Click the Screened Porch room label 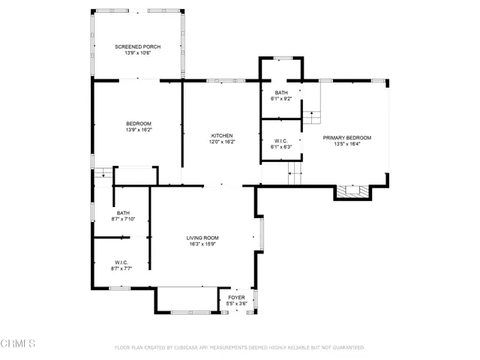click(x=138, y=46)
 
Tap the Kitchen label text click(x=222, y=136)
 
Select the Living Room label click(x=202, y=238)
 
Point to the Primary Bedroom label click(x=347, y=138)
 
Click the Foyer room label click(x=237, y=298)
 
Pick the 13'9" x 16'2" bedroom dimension click(x=139, y=130)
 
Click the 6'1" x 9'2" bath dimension click(x=281, y=99)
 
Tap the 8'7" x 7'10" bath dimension click(x=123, y=219)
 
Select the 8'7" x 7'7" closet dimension click(x=121, y=268)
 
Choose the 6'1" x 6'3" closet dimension click(x=281, y=147)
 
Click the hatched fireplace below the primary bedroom click(x=352, y=192)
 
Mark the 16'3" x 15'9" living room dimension click(x=202, y=244)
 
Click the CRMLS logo click(x=18, y=343)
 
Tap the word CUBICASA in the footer click(x=186, y=348)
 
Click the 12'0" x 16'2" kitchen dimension click(x=222, y=142)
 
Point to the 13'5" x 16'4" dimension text click(x=347, y=144)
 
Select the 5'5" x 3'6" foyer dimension click(x=237, y=304)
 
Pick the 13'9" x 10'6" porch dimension click(x=138, y=53)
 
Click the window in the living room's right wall click(x=262, y=234)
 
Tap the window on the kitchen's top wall click(x=226, y=81)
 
